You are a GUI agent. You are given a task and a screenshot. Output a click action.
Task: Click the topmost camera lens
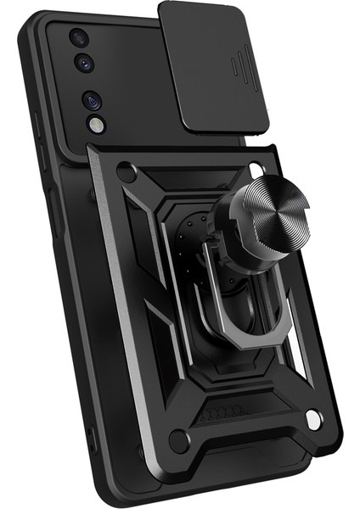tap(78, 38)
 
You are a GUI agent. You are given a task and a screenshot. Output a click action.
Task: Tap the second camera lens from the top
tap(85, 61)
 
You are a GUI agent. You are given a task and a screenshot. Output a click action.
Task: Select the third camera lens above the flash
tap(92, 100)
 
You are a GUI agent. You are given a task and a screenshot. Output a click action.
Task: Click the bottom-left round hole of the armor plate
tap(179, 439)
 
